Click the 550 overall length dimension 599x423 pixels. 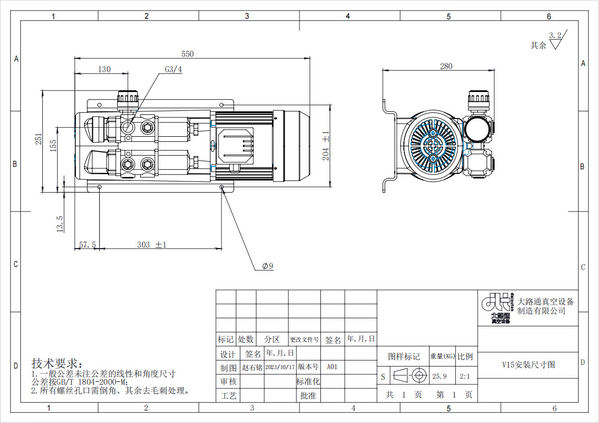(187, 54)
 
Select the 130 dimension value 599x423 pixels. (104, 70)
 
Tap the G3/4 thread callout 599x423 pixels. (173, 70)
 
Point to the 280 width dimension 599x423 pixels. (446, 66)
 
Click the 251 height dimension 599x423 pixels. (39, 139)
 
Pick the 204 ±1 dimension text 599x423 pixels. (325, 146)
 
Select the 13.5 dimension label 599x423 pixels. (60, 224)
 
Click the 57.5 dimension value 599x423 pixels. (88, 245)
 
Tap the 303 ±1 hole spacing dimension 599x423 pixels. (152, 245)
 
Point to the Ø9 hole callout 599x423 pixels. (268, 266)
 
